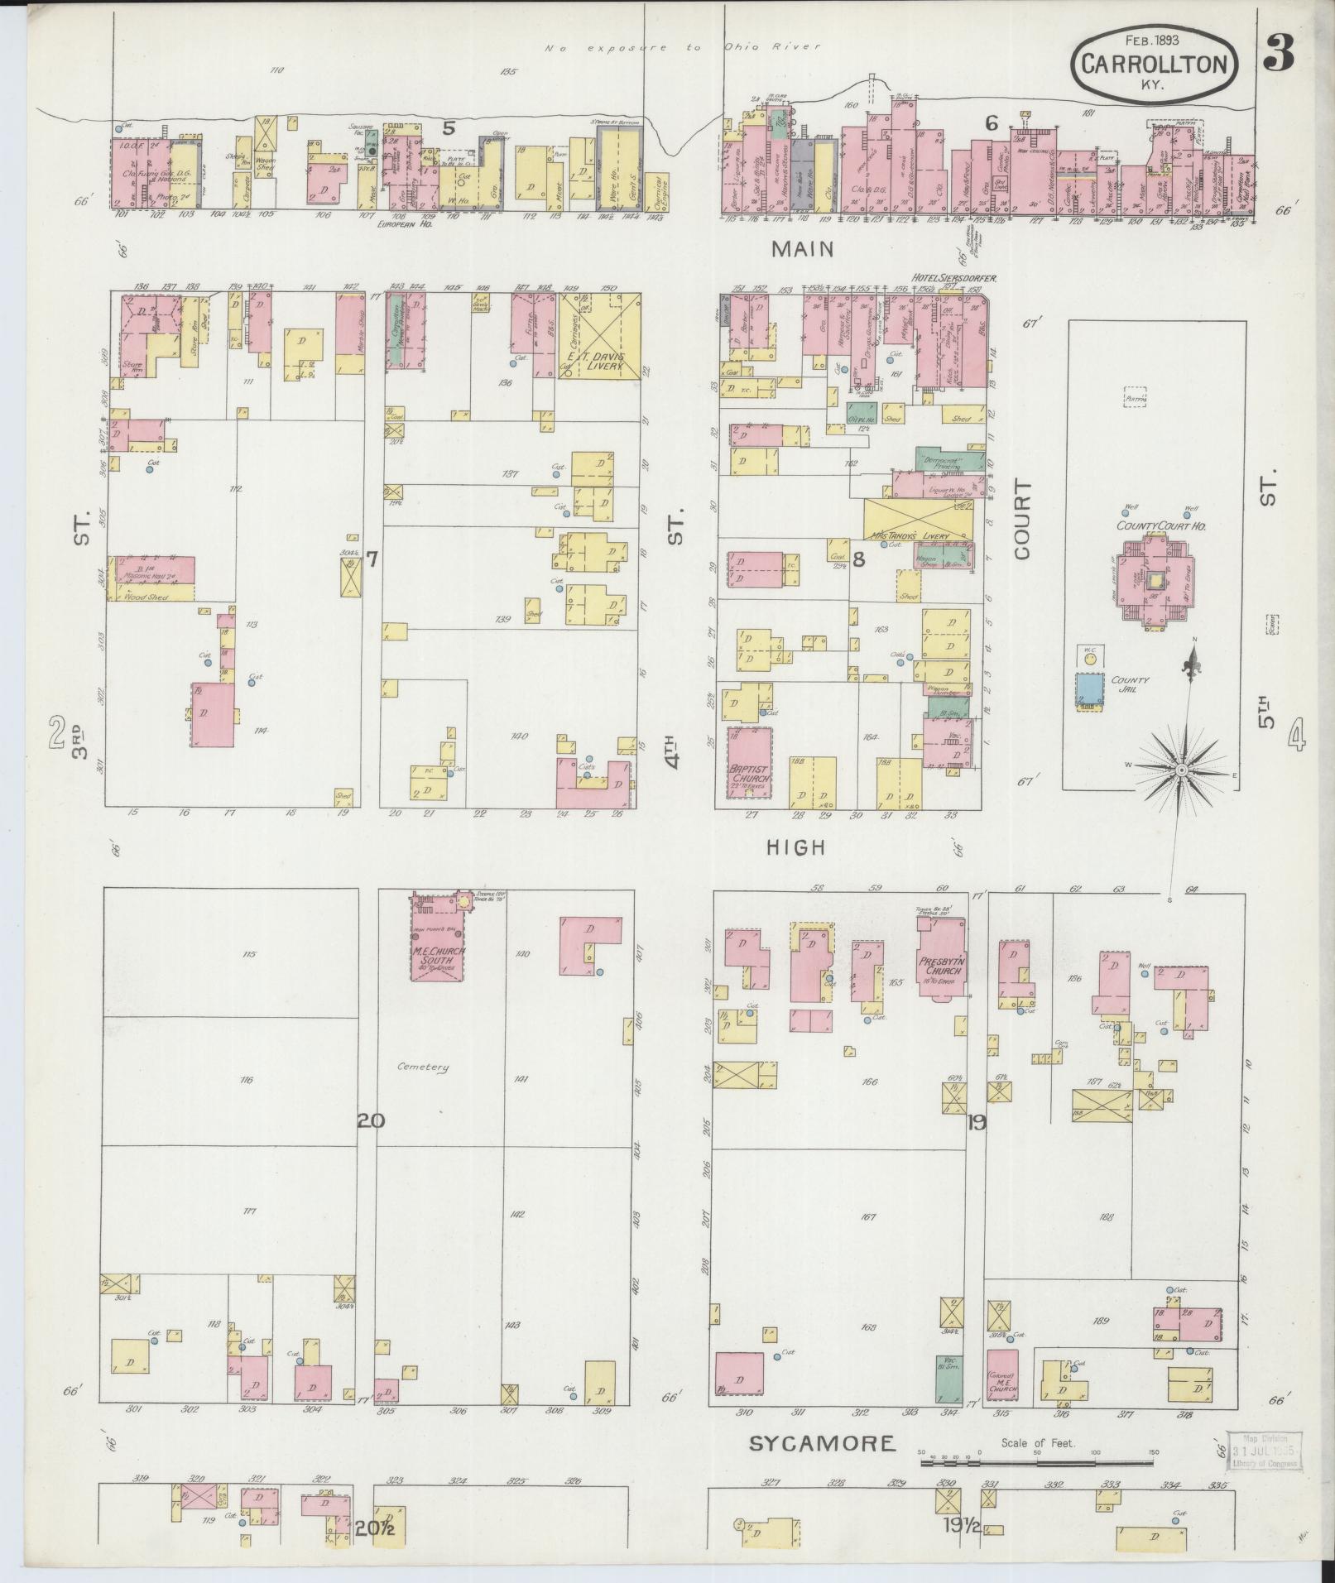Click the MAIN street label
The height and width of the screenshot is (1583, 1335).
(x=802, y=249)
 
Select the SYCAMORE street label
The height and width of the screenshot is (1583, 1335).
(x=822, y=1444)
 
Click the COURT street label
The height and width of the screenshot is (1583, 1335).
(x=1023, y=519)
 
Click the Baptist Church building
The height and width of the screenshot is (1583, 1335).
(x=749, y=761)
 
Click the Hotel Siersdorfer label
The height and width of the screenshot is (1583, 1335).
(x=952, y=277)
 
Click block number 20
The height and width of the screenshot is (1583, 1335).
(x=371, y=1120)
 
